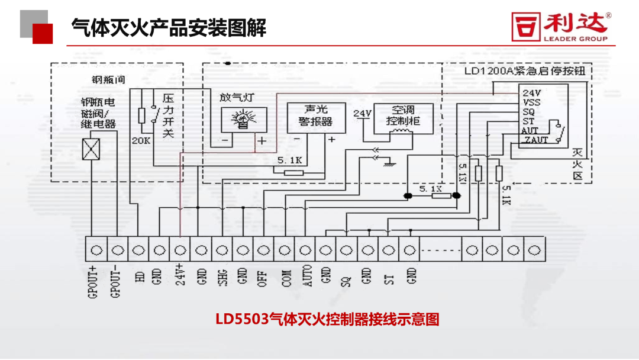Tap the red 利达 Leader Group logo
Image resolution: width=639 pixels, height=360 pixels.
point(560,27)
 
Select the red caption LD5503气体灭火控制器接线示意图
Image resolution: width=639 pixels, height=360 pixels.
point(327,320)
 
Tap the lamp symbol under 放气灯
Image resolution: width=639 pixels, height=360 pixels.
point(243,120)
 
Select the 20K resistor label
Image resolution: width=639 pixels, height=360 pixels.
point(141,140)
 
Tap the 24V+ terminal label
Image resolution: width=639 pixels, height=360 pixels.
point(180,275)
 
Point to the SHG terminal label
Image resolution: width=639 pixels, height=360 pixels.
point(222,275)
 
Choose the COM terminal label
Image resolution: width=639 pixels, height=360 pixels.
point(286,275)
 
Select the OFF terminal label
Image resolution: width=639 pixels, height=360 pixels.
point(263,275)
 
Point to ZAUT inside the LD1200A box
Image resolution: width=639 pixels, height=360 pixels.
point(536,140)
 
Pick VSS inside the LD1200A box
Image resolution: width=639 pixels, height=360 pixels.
point(532,102)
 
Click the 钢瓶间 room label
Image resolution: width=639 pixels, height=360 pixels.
point(105,79)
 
